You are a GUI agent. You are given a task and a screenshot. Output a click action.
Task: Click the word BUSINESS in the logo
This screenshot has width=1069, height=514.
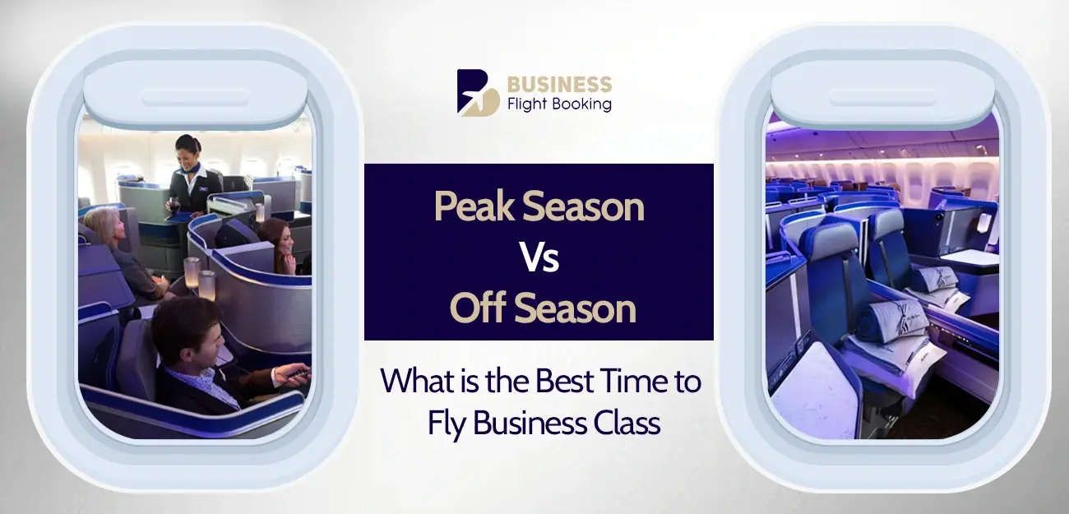[559, 84]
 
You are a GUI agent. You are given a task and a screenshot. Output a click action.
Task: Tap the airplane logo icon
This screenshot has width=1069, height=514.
[478, 92]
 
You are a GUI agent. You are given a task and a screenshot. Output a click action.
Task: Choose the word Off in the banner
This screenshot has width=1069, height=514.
[476, 309]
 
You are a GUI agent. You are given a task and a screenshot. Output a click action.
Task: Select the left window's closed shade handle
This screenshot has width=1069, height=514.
[195, 96]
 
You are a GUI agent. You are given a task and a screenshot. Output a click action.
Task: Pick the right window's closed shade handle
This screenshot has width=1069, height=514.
[882, 96]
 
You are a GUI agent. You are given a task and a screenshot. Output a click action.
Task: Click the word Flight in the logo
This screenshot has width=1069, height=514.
[534, 104]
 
